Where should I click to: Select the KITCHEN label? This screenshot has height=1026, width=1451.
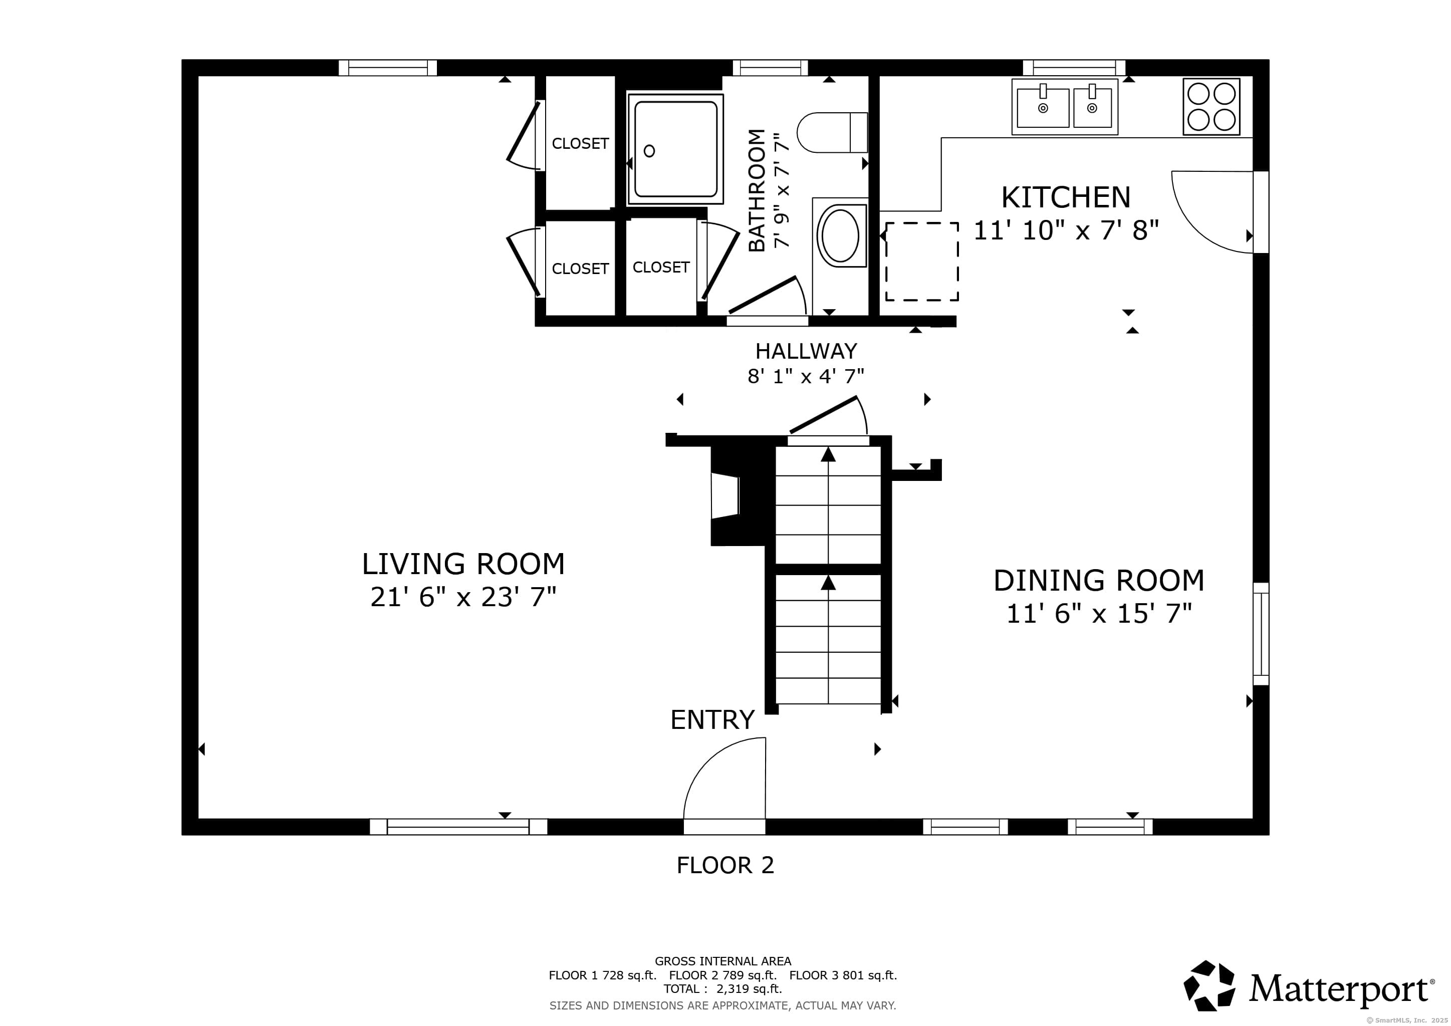pos(1066,198)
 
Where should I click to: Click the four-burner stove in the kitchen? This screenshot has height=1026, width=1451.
pos(1211,107)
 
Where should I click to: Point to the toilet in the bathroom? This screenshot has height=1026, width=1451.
pos(832,133)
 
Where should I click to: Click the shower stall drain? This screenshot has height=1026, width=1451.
pos(649,151)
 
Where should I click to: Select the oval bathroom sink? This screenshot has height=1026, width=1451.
pos(840,235)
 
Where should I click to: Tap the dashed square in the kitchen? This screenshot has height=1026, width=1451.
pos(921,262)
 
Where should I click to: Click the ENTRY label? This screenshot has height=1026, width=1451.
pos(712,719)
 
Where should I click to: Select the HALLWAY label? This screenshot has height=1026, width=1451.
pos(806,351)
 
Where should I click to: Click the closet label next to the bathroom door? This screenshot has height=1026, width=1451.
pos(660,267)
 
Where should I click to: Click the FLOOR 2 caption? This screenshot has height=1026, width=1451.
pos(725,865)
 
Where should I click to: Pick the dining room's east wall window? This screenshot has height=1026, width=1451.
pos(1260,634)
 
